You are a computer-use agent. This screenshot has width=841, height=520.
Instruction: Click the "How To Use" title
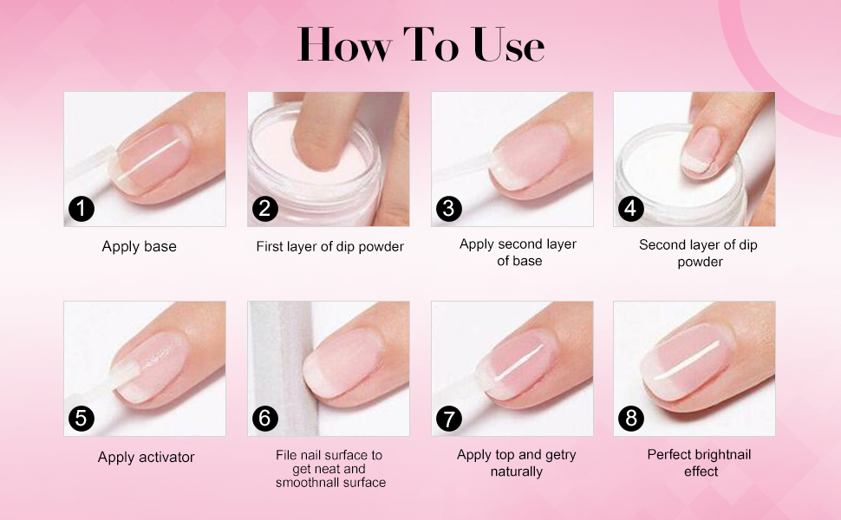coord(420,45)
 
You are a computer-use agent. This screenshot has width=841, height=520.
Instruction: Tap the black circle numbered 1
coord(81,209)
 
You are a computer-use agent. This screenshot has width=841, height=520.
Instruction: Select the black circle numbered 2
coord(265,209)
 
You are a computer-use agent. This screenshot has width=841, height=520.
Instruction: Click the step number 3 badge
coord(448,209)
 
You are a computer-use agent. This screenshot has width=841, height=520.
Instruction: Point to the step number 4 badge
coord(630,209)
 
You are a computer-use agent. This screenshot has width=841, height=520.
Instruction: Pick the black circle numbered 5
coord(81,419)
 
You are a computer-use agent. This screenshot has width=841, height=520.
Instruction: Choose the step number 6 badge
coord(265,419)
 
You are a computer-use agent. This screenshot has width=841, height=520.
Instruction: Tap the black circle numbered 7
coord(448,419)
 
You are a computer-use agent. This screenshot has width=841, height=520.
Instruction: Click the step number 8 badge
coord(630,419)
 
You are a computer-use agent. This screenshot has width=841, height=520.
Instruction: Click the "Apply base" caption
coord(139,247)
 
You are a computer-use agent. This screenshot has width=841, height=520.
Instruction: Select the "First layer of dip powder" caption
coord(329,247)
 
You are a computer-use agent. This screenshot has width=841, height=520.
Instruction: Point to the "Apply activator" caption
coord(146,457)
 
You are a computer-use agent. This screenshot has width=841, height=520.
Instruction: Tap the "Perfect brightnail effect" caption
coord(699,463)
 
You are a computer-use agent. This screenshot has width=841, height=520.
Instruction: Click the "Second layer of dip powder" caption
coord(698,253)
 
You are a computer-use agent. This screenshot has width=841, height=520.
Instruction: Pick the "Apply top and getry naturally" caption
coord(516,463)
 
